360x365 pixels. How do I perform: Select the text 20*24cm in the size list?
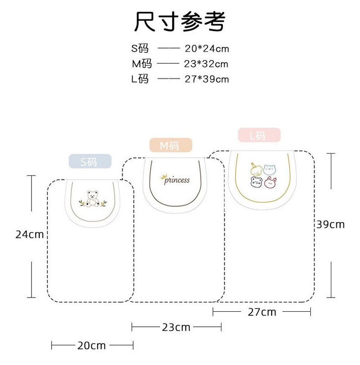[206, 48]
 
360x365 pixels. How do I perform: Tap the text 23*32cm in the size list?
[206, 64]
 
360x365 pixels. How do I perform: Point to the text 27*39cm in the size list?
[206, 79]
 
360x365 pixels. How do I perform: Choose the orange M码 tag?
[171, 146]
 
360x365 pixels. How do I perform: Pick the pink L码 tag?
[259, 135]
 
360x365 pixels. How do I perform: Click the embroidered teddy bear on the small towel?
[94, 198]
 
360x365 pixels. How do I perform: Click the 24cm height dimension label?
[30, 235]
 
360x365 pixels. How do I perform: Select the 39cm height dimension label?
[331, 224]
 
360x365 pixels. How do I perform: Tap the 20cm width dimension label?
[91, 345]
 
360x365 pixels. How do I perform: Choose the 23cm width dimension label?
[176, 327]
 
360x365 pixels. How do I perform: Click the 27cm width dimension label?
[262, 312]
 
